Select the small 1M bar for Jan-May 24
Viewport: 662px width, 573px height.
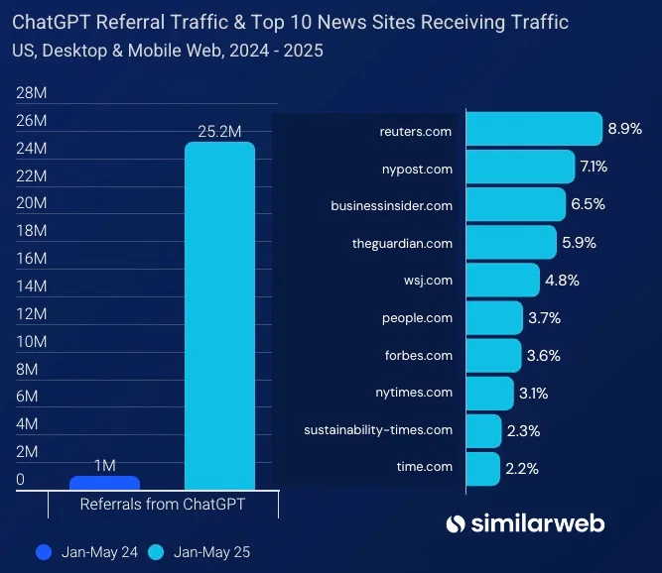104,483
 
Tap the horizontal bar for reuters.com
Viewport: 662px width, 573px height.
533,130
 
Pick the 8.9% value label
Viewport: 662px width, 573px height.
625,129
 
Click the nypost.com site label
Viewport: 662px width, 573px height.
418,169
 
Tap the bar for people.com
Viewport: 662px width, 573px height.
493,318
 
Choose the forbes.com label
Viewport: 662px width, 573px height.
419,355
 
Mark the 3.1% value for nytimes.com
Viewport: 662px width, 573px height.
533,394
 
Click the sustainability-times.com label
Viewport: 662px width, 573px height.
378,430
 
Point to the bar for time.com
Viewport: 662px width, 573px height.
482,468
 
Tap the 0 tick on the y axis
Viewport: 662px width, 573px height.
21,480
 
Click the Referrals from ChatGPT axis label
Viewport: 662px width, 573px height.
163,504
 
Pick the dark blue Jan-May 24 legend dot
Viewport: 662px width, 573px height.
43,551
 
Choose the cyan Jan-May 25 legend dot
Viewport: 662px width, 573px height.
156,551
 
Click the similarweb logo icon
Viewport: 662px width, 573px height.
456,523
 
